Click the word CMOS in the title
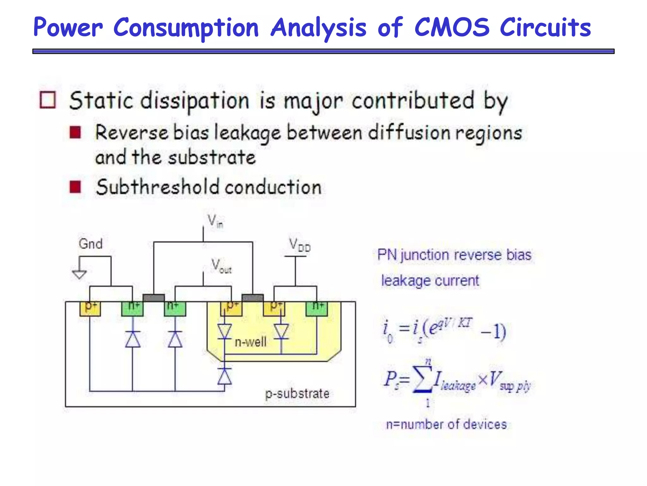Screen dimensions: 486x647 click(451, 28)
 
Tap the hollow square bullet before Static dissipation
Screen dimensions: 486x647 click(48, 100)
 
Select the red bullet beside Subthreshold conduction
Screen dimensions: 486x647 click(75, 187)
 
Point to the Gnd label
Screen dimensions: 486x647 click(91, 244)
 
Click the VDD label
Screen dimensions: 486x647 click(299, 245)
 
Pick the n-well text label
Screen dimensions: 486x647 click(251, 342)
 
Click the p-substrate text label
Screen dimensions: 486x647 click(297, 394)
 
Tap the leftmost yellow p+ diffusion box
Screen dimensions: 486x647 click(90, 308)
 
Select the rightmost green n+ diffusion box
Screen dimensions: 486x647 click(317, 308)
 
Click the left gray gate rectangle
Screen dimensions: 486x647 click(154, 298)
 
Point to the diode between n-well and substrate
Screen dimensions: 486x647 click(225, 376)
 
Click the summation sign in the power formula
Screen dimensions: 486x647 click(423, 379)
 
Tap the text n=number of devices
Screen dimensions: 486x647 click(446, 424)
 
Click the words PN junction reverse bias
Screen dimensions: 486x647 click(454, 255)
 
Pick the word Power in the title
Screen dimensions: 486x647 click(68, 28)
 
